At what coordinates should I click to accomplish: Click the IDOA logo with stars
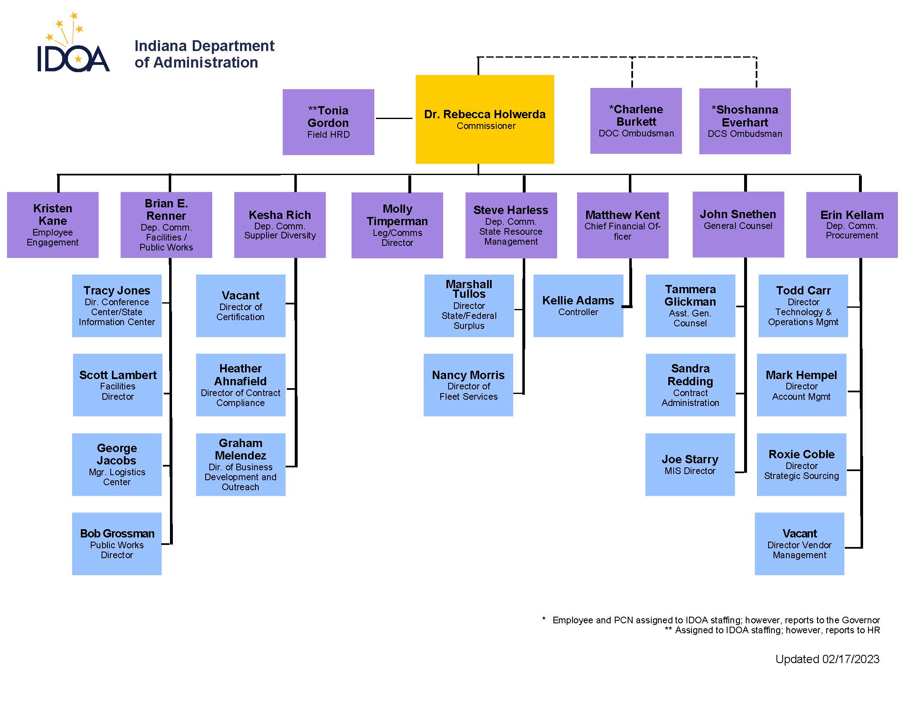tap(73, 46)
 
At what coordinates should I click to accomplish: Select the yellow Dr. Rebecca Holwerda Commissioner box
tap(484, 119)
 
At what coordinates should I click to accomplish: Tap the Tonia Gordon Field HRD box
tap(328, 122)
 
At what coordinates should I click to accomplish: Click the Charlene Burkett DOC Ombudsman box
tap(635, 121)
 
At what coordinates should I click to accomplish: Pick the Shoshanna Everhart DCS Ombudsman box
tap(745, 121)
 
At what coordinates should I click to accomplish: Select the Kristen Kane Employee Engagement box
tap(53, 225)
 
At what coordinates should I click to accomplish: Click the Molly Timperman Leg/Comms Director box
tap(397, 225)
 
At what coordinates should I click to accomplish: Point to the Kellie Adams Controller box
tap(578, 305)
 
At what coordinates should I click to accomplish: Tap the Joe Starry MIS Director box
tap(690, 464)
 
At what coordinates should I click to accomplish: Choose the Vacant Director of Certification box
tap(240, 305)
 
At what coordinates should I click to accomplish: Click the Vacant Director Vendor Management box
tap(799, 543)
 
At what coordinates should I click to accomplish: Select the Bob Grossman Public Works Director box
tap(116, 543)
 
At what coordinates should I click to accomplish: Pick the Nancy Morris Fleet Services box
tap(468, 385)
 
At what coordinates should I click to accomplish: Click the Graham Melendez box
tap(240, 464)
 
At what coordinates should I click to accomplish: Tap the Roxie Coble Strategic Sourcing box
tap(801, 464)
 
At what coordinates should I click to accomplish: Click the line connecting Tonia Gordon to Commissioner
tap(393, 118)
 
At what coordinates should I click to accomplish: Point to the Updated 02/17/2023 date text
tap(827, 659)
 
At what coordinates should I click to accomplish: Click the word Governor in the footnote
tap(861, 620)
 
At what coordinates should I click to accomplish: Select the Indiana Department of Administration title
tap(204, 54)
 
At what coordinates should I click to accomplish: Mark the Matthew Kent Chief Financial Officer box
tap(622, 225)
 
